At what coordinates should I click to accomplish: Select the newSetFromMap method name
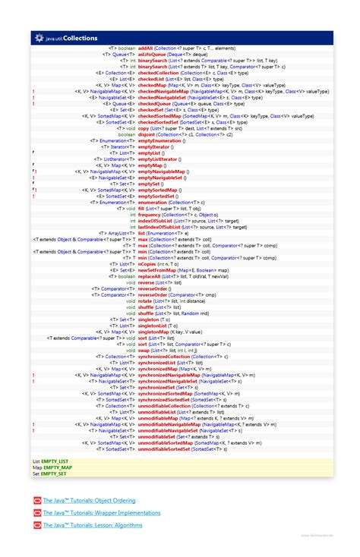155,270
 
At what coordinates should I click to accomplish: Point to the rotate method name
144,301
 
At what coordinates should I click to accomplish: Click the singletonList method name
153,326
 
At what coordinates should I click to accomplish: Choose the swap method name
144,350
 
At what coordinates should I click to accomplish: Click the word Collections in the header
80,36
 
